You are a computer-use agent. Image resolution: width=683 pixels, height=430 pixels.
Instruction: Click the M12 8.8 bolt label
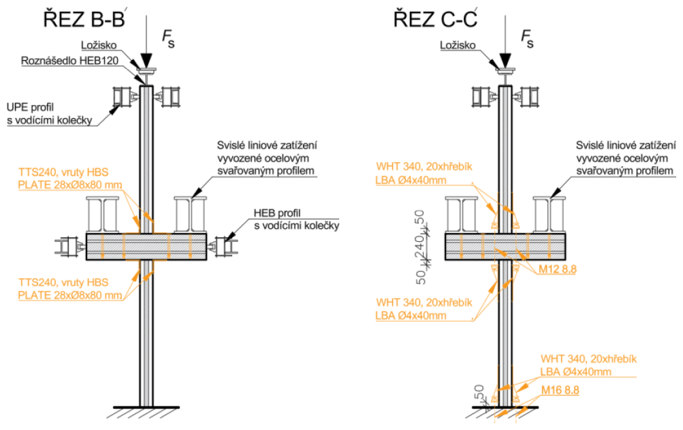[558, 270]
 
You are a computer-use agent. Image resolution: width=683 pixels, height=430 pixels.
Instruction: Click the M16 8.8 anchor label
[559, 390]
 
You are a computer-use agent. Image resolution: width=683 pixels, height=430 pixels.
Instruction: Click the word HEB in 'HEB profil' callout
[265, 213]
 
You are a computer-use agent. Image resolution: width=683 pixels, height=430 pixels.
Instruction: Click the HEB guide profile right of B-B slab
[224, 246]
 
